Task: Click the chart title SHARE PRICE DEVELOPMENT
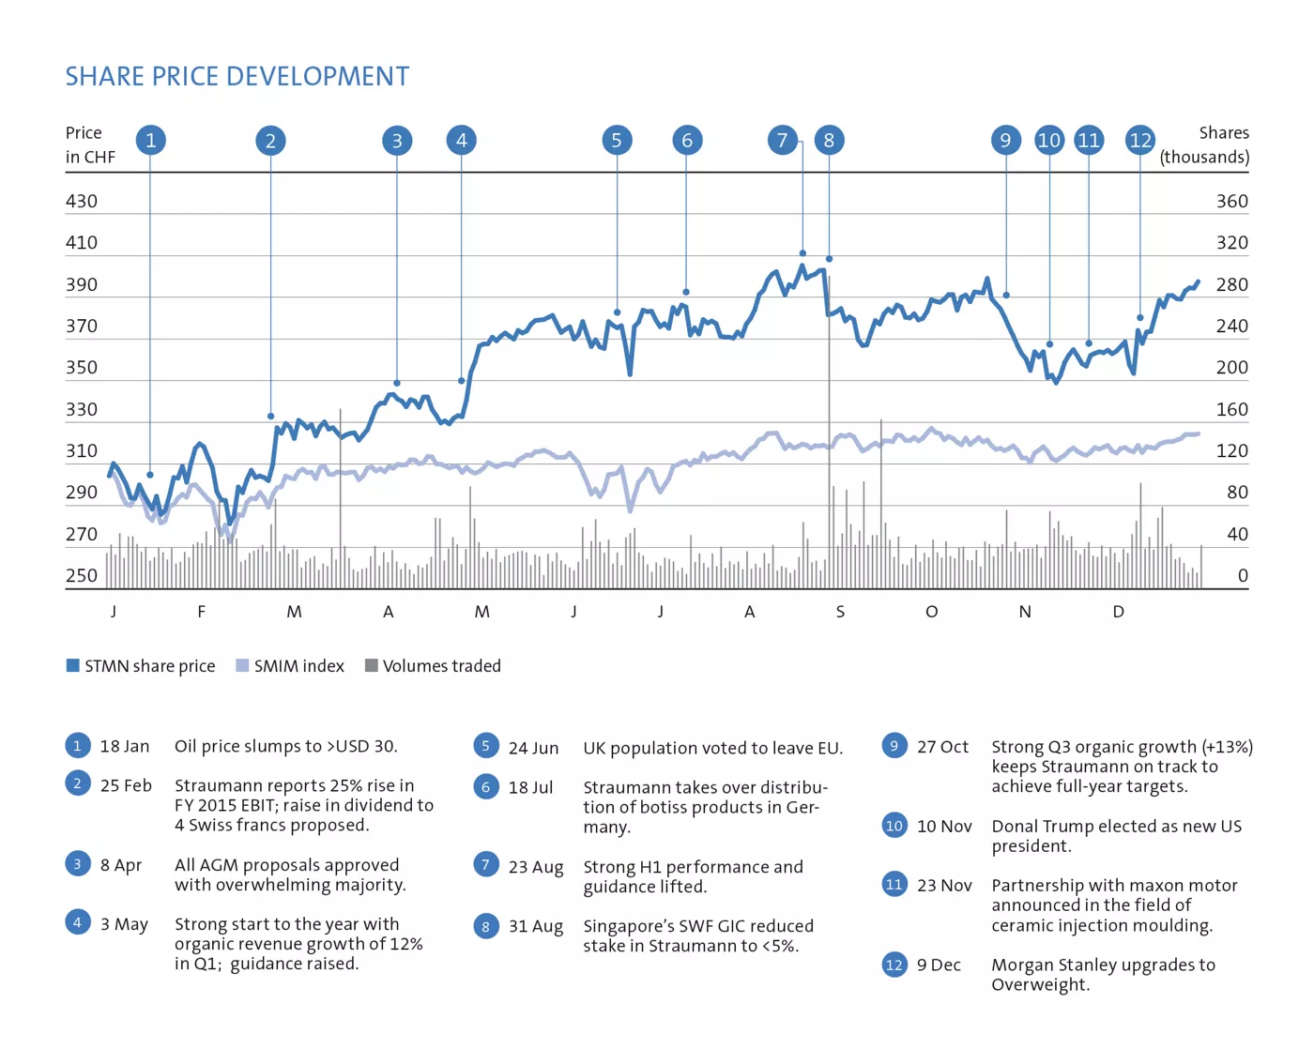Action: [x=237, y=76]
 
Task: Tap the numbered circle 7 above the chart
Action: [x=782, y=141]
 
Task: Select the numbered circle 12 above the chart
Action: [x=1139, y=141]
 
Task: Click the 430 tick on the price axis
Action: [x=82, y=201]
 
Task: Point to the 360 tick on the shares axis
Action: [x=1231, y=201]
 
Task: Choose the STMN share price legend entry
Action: [x=141, y=666]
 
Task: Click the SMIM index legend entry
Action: [x=290, y=666]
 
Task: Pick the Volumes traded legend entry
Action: [x=433, y=666]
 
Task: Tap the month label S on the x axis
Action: [x=840, y=612]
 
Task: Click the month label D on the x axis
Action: [x=1118, y=612]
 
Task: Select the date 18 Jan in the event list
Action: [x=125, y=747]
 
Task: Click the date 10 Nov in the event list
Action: [x=944, y=827]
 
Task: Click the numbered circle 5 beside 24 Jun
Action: [x=485, y=747]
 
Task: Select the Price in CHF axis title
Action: [x=90, y=144]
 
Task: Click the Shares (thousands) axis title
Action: [x=1205, y=144]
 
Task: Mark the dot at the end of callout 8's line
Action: [x=829, y=259]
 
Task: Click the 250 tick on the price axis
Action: [x=82, y=575]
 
